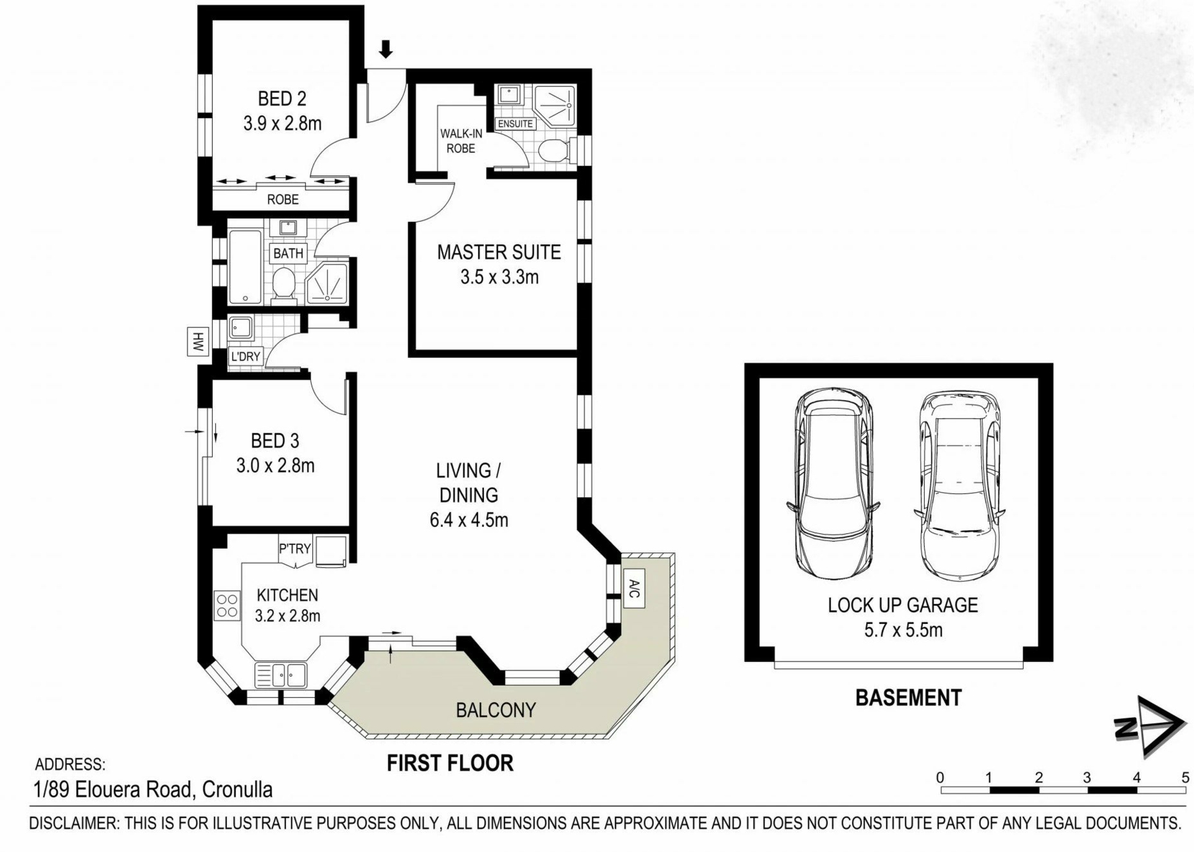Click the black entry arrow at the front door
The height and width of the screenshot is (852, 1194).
(386, 49)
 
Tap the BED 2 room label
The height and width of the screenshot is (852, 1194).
(282, 99)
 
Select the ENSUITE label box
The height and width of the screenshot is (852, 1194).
(516, 124)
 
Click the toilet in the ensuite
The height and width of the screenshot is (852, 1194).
(554, 150)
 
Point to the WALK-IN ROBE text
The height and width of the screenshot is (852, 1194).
(461, 141)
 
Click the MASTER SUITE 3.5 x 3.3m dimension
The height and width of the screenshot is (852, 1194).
(499, 277)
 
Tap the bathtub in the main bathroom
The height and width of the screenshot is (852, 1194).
(245, 267)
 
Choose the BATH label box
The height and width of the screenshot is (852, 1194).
(288, 254)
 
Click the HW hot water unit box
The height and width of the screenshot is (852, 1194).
(198, 342)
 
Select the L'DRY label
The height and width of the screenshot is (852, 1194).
(246, 357)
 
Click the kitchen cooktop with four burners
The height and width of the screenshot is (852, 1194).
(228, 605)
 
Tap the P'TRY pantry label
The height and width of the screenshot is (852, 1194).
(295, 549)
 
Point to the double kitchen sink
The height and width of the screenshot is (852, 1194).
(280, 675)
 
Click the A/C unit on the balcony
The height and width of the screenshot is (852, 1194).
(634, 588)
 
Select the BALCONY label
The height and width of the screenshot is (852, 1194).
(496, 710)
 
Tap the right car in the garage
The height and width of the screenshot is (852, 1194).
(958, 486)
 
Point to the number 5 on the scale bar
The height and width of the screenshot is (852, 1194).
(1185, 777)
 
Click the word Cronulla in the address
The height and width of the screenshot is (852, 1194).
(238, 790)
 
